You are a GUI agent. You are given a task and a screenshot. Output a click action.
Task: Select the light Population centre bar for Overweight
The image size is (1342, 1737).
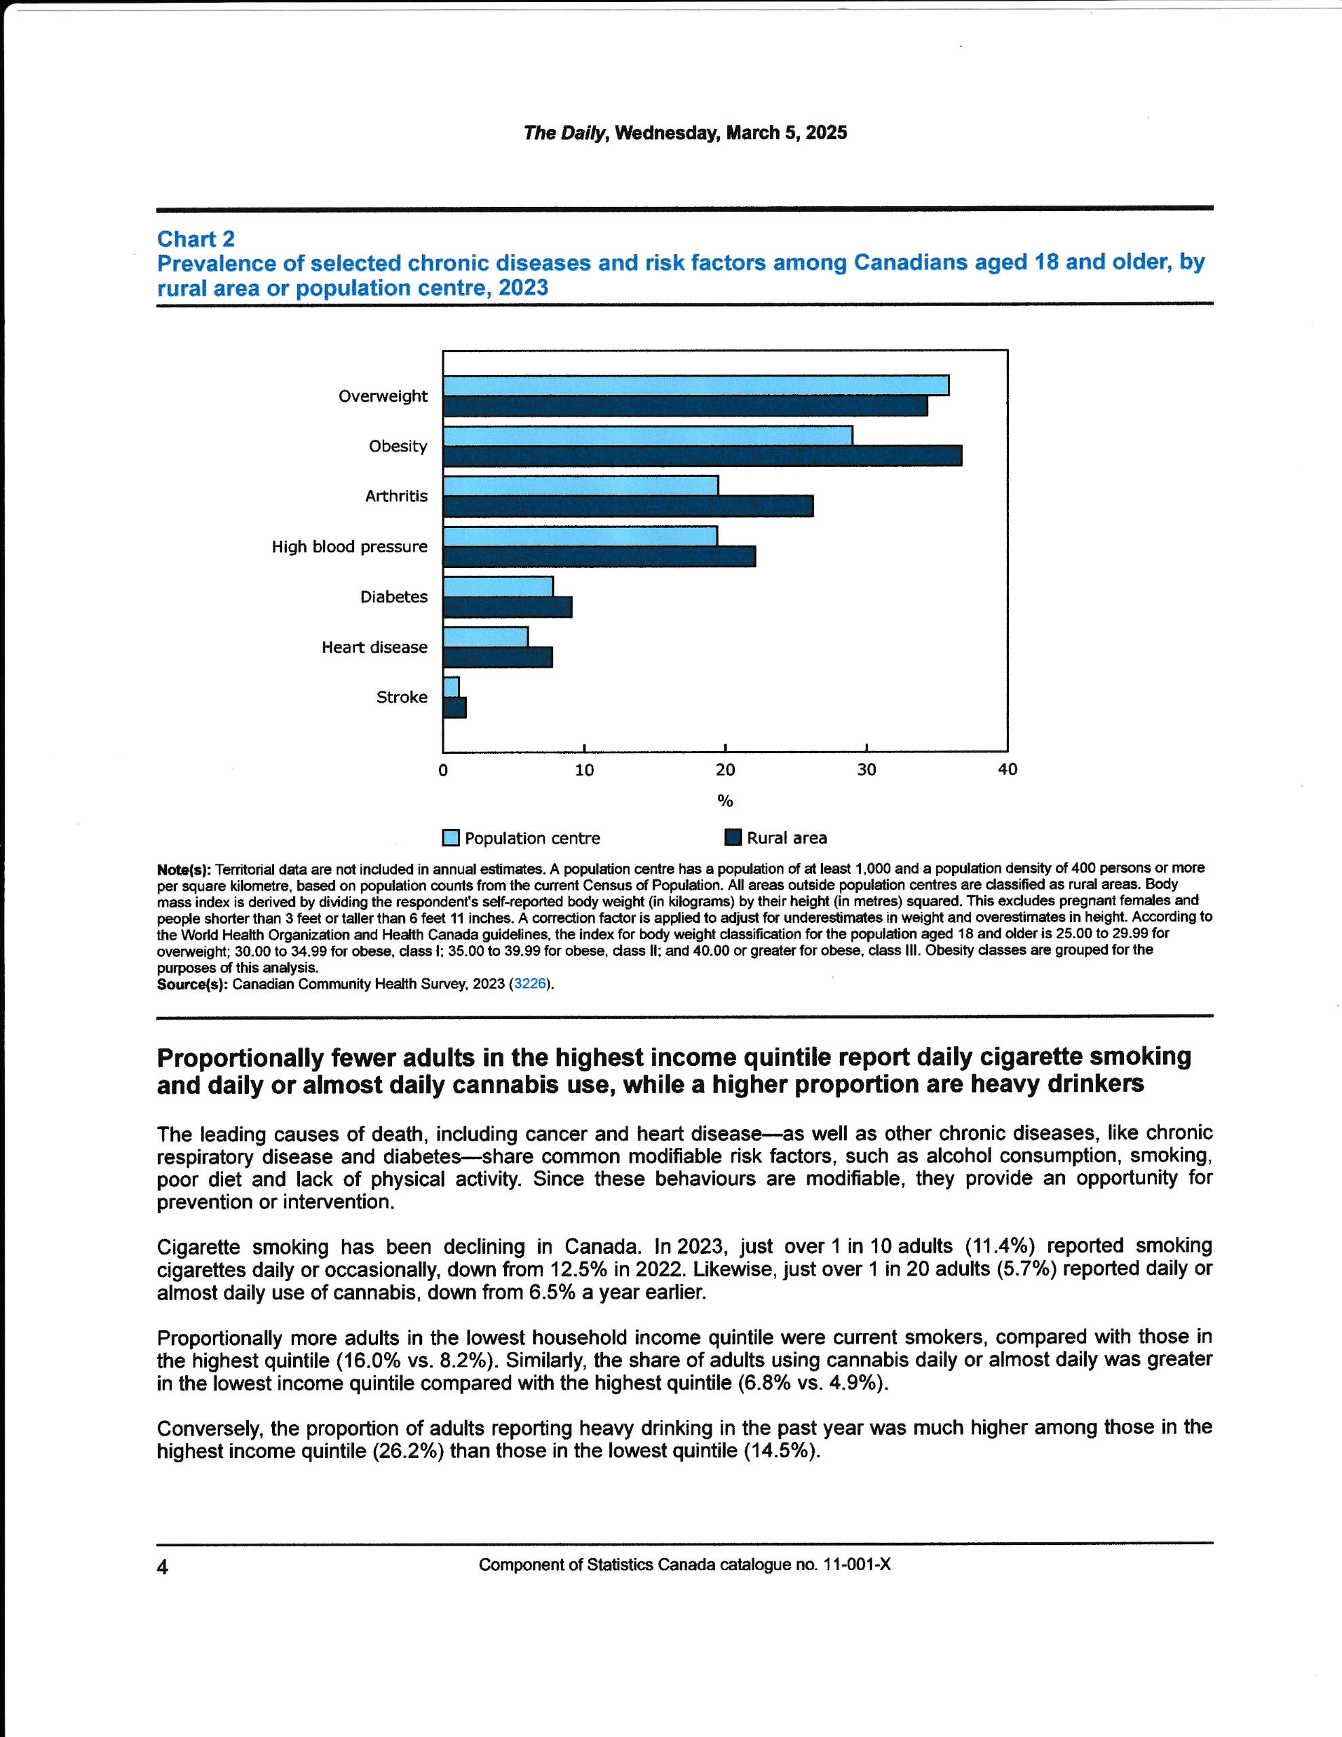click(695, 385)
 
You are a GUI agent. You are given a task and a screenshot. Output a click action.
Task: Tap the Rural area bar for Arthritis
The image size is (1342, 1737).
click(628, 505)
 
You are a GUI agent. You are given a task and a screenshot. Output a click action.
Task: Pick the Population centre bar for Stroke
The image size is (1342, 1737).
click(451, 687)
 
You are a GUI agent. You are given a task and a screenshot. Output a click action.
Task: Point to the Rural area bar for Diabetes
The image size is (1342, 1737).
click(507, 607)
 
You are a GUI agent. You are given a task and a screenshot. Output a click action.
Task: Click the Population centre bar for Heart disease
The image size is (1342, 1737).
click(485, 636)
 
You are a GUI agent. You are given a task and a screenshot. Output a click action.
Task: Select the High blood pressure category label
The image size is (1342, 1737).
click(349, 546)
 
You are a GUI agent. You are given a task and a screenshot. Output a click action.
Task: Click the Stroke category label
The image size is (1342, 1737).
click(402, 697)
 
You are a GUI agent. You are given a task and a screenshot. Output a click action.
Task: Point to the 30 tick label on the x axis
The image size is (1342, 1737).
click(866, 769)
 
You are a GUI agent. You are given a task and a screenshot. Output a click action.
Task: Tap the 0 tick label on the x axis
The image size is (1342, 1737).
click(443, 769)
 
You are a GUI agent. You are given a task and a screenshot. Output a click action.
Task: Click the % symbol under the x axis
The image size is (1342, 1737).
click(725, 800)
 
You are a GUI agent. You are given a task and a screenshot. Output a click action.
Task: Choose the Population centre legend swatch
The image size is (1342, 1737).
click(451, 837)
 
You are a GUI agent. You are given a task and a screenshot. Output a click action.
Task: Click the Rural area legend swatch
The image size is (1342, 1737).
click(733, 837)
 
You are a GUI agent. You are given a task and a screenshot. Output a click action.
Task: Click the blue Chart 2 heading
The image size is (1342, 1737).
click(195, 239)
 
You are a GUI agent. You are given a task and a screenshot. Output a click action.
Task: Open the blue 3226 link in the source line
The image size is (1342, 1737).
click(530, 984)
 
